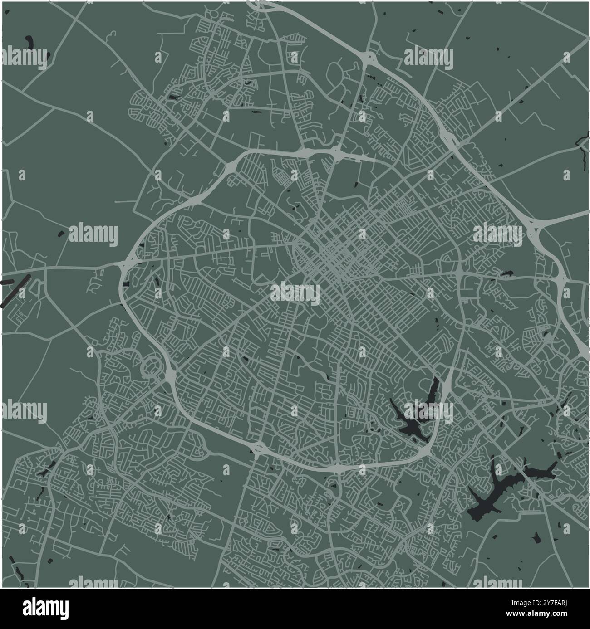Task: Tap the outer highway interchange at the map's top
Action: tap(368, 58)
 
